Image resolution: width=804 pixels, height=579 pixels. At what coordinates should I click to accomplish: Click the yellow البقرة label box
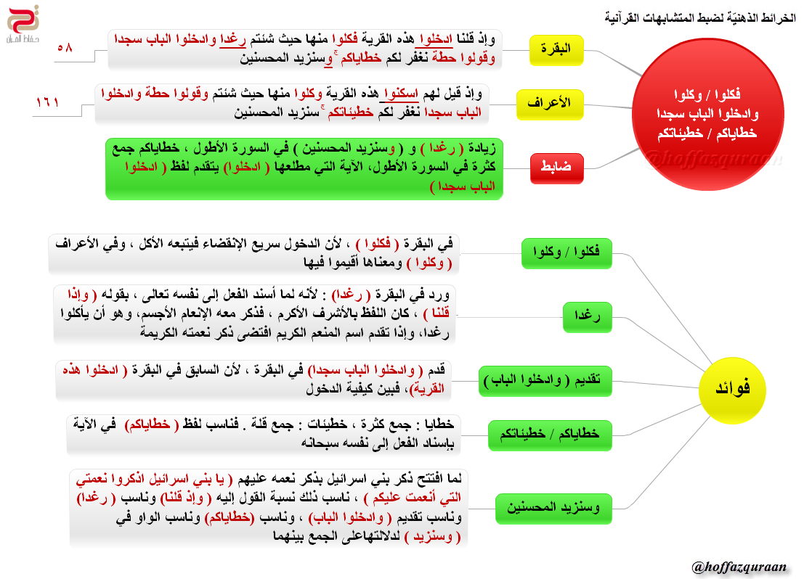(556, 49)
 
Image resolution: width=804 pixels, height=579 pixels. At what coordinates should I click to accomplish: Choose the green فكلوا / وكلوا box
(567, 252)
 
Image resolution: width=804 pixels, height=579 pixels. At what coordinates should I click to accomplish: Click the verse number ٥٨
(65, 47)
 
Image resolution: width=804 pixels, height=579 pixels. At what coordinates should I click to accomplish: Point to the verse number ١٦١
(52, 102)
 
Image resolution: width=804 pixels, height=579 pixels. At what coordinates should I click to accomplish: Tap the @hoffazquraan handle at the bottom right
(739, 566)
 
